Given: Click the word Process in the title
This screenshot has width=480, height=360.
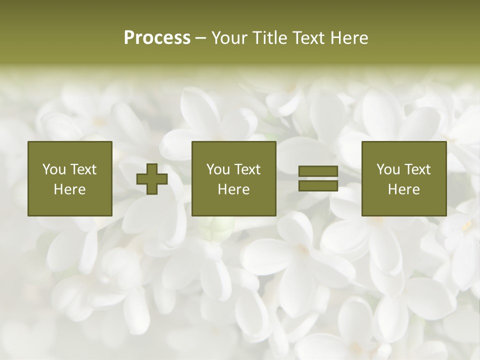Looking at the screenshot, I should pyautogui.click(x=157, y=38).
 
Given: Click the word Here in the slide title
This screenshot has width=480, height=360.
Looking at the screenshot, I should pyautogui.click(x=349, y=38).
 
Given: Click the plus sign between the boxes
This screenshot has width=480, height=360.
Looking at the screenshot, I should pyautogui.click(x=152, y=178).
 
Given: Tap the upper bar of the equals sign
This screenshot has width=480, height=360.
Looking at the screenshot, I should pyautogui.click(x=318, y=171).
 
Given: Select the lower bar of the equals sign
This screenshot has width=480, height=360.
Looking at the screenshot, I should pyautogui.click(x=318, y=185).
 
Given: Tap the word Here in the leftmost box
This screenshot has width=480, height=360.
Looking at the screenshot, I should pyautogui.click(x=69, y=189).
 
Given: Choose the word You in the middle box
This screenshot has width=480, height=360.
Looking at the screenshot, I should pyautogui.click(x=218, y=169).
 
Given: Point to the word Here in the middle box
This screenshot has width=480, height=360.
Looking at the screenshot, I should pyautogui.click(x=233, y=189).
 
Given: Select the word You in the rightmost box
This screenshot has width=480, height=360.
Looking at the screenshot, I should pyautogui.click(x=388, y=169).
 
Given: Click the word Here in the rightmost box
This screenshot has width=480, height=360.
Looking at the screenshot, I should pyautogui.click(x=403, y=189).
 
